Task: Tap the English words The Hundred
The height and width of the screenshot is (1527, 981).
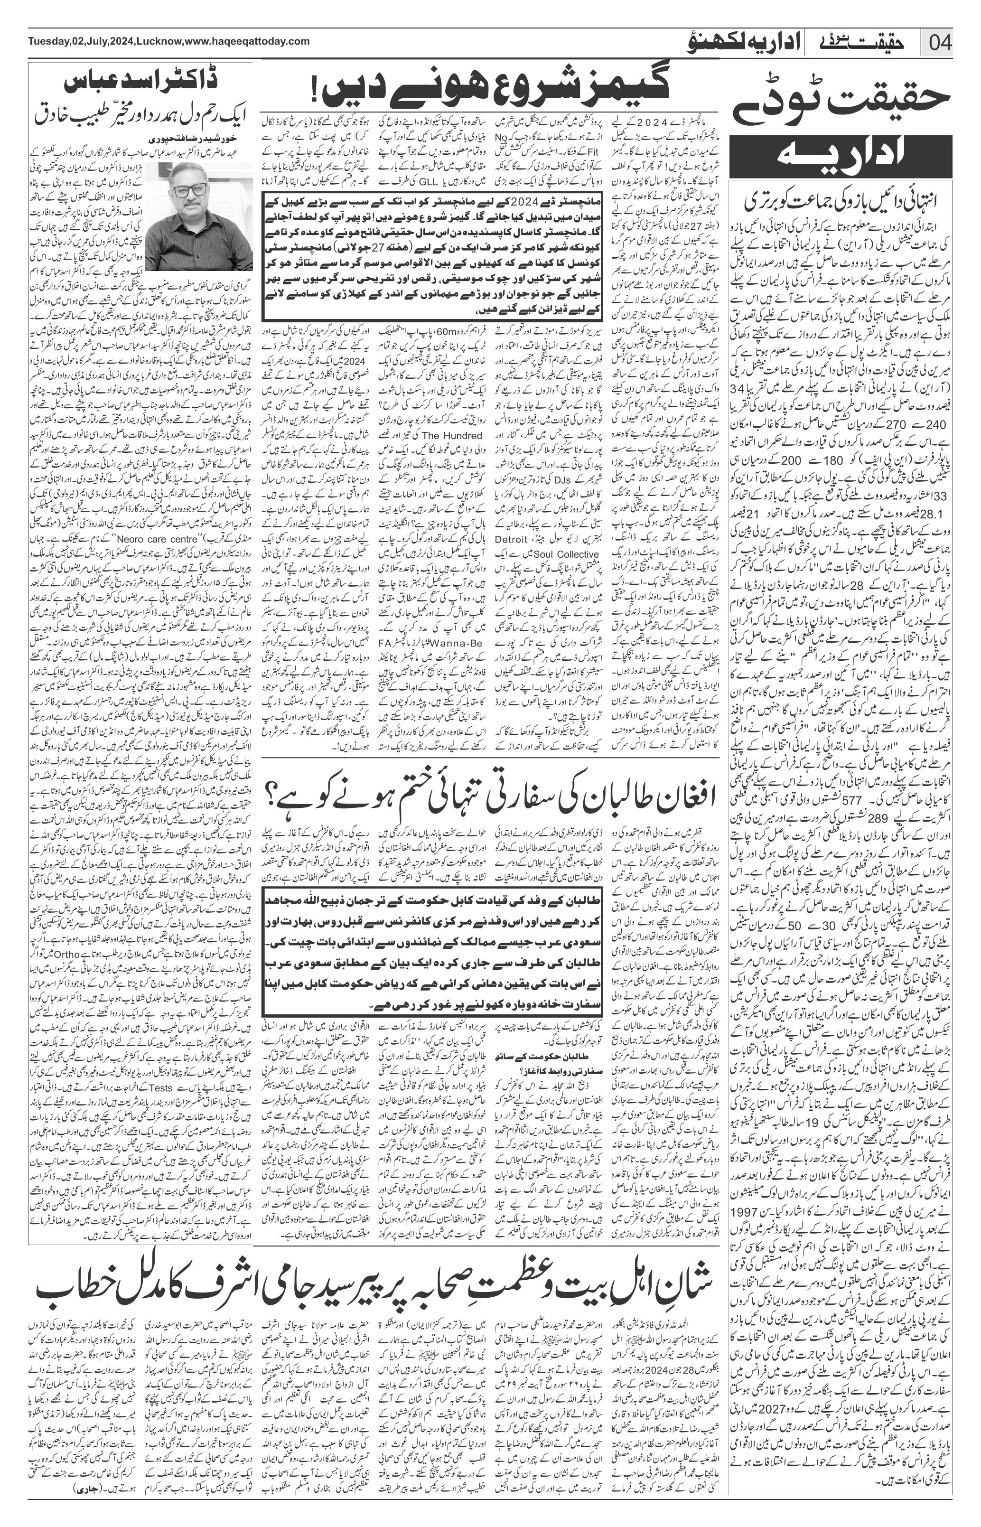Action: [x=451, y=436]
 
